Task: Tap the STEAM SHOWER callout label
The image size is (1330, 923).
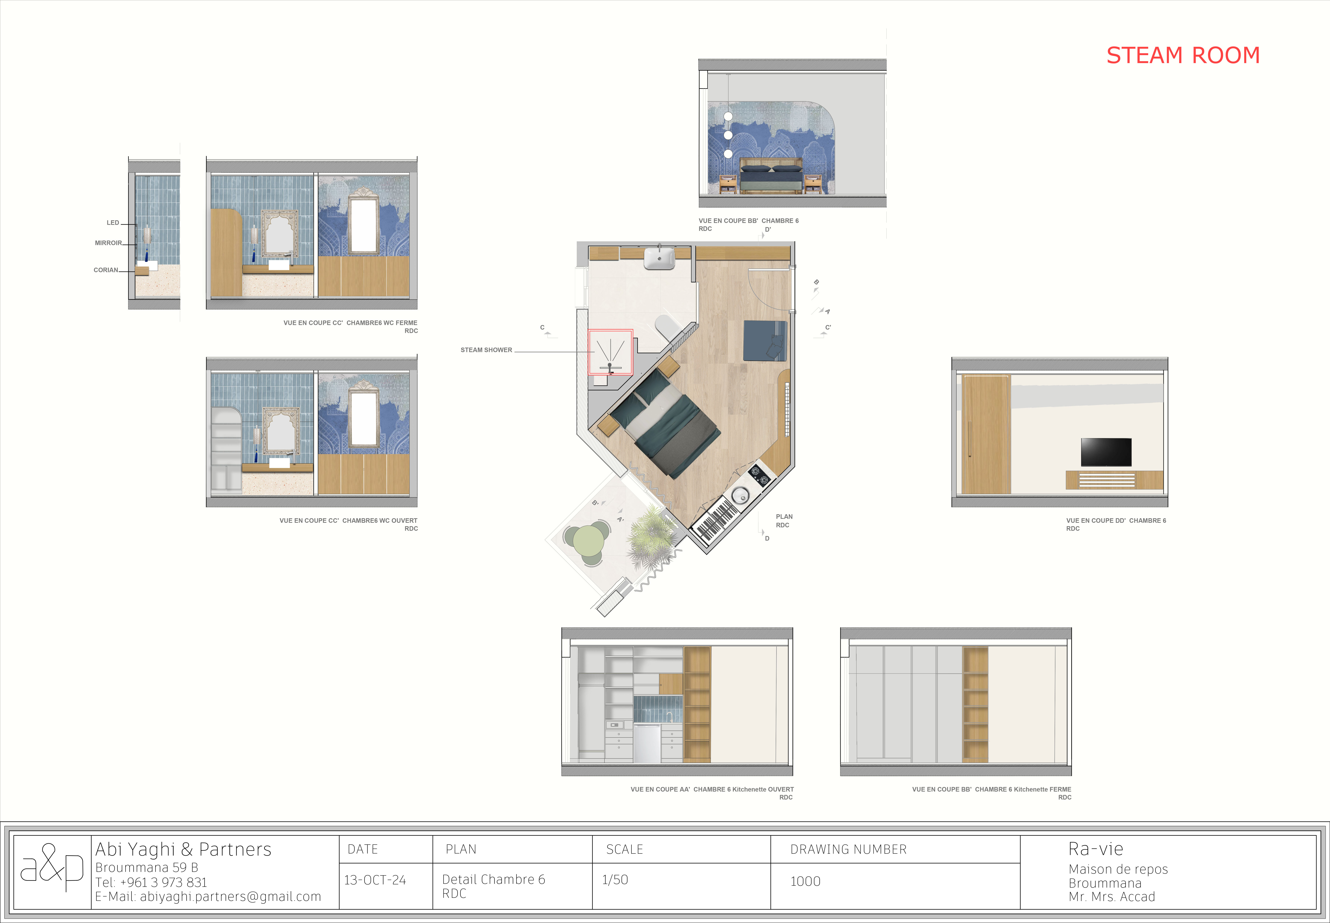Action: tap(486, 350)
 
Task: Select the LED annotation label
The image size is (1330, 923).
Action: tap(113, 223)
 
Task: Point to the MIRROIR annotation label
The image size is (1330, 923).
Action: tap(108, 243)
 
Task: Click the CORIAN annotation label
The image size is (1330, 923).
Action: tap(106, 270)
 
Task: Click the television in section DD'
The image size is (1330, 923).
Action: tap(1106, 452)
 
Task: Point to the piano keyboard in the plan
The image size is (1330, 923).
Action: tap(716, 518)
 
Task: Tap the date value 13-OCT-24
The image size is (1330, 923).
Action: tap(375, 880)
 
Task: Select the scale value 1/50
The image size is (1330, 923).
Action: tap(615, 880)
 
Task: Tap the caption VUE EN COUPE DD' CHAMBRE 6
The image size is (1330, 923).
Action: tap(1116, 521)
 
